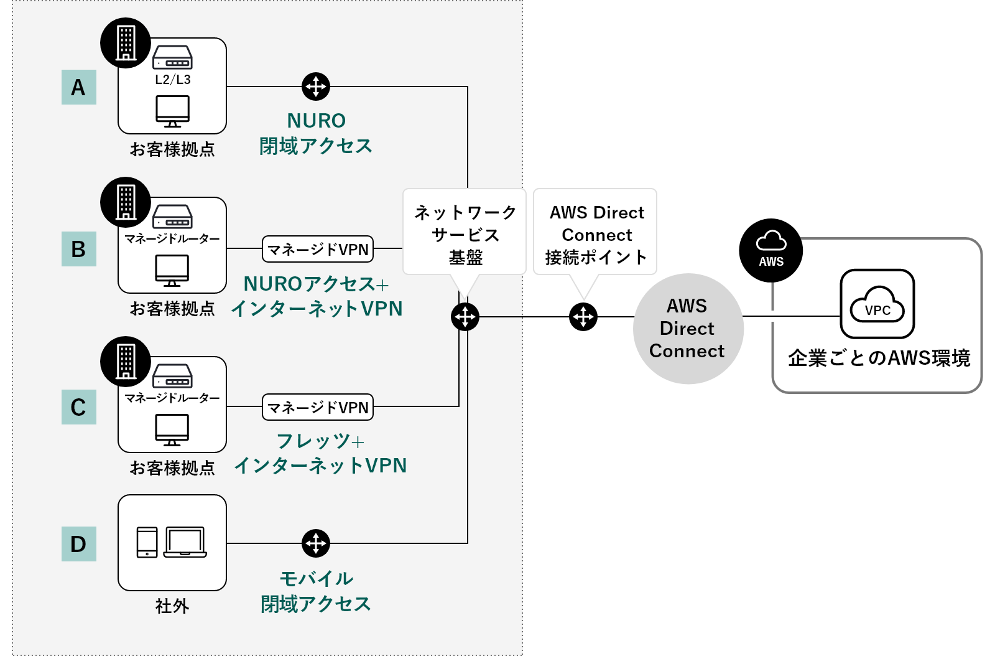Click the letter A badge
(78, 87)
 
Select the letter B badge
(78, 249)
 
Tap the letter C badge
(78, 407)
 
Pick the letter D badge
(78, 544)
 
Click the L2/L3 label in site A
(173, 80)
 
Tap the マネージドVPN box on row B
(318, 249)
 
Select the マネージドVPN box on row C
(318, 407)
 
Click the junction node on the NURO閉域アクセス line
(316, 87)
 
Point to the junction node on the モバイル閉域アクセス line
(316, 543)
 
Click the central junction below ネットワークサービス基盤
(465, 317)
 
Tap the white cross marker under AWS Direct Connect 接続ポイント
(583, 317)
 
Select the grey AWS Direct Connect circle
(687, 329)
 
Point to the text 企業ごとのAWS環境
(879, 358)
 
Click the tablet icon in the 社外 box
(147, 543)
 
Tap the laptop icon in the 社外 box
(185, 543)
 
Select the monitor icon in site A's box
(173, 111)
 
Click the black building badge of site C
(126, 362)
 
